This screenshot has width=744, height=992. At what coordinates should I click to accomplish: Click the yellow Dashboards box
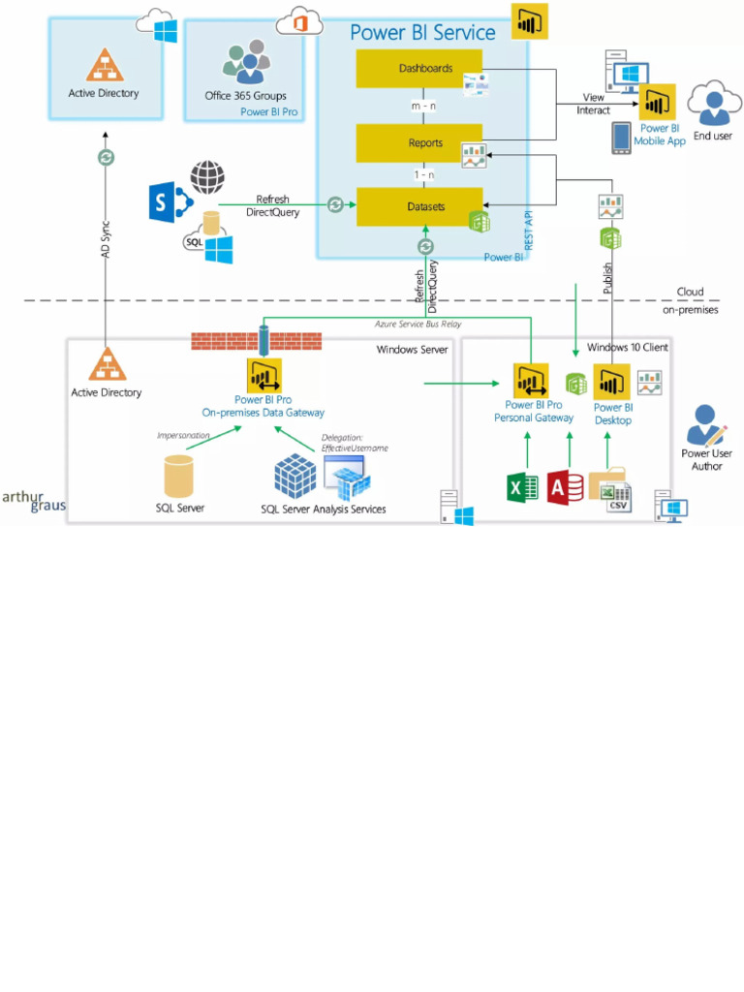tap(418, 69)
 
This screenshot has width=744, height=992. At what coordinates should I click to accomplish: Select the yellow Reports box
tap(418, 142)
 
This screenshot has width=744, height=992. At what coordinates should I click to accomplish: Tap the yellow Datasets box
tap(418, 206)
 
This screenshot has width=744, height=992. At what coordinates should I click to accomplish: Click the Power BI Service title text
tap(422, 32)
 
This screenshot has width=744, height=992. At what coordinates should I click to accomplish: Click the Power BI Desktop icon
tap(611, 382)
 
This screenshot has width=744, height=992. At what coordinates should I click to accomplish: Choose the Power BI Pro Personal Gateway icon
tap(532, 381)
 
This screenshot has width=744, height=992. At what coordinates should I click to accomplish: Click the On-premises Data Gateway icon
tap(263, 374)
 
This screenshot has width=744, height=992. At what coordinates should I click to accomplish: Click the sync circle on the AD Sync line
tap(107, 157)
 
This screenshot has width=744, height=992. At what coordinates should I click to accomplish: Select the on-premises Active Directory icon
tap(107, 364)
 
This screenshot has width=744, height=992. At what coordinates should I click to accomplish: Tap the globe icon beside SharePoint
tap(206, 178)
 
